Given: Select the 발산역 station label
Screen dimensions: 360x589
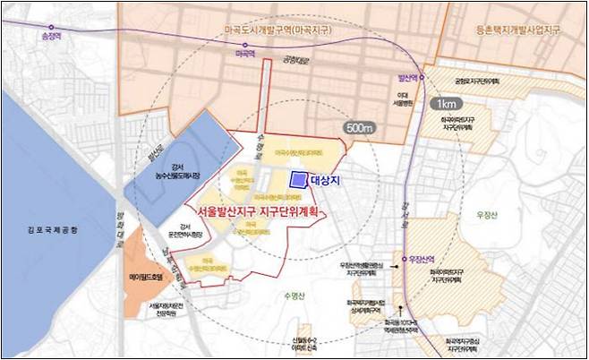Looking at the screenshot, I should (406, 78).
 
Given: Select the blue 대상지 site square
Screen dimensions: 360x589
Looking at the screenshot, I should (297, 180).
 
